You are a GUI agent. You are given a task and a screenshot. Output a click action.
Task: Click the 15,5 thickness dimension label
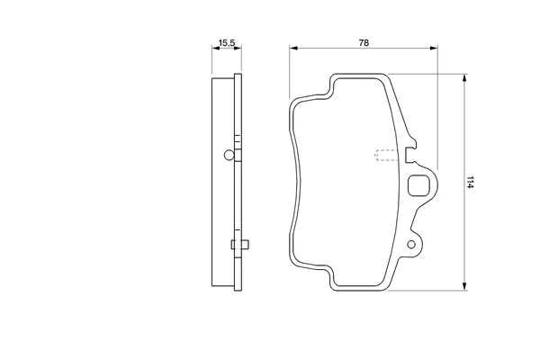pyautogui.click(x=227, y=43)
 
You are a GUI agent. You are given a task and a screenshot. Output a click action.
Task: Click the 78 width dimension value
pyautogui.click(x=364, y=42)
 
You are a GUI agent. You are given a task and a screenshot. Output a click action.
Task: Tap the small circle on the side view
pyautogui.click(x=229, y=155)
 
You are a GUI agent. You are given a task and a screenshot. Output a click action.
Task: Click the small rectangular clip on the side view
pyautogui.click(x=240, y=245)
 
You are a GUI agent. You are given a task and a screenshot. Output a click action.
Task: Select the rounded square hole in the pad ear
pyautogui.click(x=418, y=185)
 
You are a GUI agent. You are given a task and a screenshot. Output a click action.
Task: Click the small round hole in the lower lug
pyautogui.click(x=411, y=245)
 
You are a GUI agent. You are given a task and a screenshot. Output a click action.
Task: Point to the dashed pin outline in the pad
pyautogui.click(x=386, y=156)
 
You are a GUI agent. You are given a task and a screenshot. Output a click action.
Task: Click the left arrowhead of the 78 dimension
pyautogui.click(x=293, y=49)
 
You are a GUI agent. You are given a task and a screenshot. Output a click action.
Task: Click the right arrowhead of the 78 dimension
pyautogui.click(x=434, y=49)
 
